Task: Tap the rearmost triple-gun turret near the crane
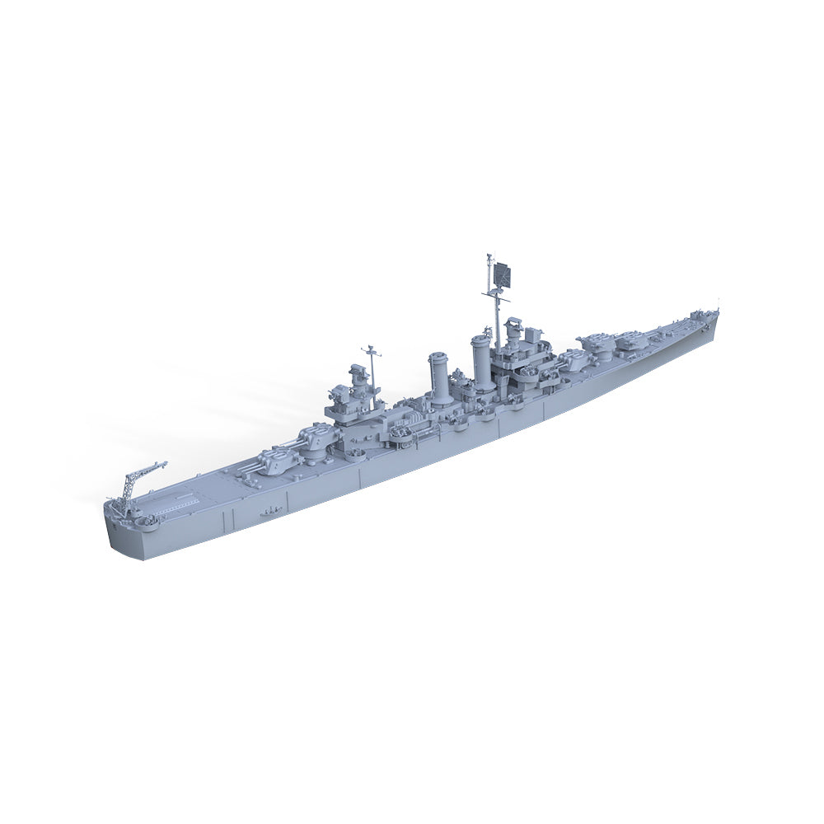pos(278,457)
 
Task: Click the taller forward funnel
pos(483,361)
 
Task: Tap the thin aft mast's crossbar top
pos(372,353)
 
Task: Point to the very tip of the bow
pos(718,312)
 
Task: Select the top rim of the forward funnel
pos(483,339)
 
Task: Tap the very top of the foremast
pos(489,255)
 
